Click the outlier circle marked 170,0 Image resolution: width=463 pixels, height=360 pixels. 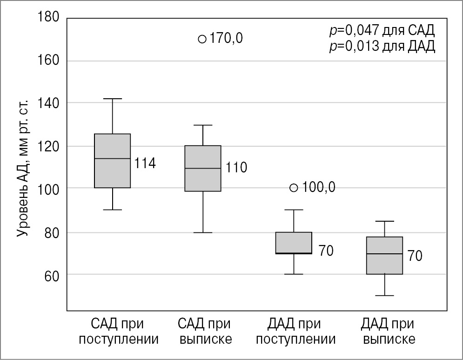(202, 39)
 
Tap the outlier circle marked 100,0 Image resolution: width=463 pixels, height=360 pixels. (294, 188)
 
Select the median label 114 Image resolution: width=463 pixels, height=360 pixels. (145, 163)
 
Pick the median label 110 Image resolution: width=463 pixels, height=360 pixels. (236, 168)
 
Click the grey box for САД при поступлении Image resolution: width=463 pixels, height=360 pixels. (113, 161)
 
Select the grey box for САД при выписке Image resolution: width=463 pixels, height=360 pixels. (203, 168)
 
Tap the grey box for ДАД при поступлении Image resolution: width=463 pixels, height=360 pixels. (294, 243)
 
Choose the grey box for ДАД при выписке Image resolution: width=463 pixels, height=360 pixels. (384, 255)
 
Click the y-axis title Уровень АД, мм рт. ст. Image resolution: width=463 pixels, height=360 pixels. (23, 168)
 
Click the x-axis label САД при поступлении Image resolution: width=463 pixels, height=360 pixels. (118, 331)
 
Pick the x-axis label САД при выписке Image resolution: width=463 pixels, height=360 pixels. (206, 331)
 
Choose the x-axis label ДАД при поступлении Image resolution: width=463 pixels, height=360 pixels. (295, 331)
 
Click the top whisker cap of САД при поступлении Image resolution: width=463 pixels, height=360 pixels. (113, 99)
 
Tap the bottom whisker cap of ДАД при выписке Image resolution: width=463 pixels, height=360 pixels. (384, 295)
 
